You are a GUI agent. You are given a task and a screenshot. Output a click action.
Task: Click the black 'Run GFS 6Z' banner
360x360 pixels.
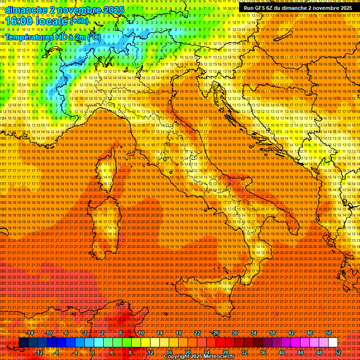298,7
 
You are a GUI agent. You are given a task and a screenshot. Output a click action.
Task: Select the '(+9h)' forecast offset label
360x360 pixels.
79,21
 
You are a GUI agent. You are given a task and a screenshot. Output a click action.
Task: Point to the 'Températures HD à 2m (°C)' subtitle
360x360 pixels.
52,37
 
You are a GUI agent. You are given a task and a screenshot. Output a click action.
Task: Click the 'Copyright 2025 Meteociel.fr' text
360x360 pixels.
199,357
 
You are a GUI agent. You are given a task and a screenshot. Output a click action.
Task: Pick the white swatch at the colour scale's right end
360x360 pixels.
333,342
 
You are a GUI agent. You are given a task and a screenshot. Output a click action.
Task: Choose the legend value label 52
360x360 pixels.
338,352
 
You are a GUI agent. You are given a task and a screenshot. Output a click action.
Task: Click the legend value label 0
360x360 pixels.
93,352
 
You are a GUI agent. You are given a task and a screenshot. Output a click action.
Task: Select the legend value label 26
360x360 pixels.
216,332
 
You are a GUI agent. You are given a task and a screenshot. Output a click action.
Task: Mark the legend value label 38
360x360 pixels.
272,332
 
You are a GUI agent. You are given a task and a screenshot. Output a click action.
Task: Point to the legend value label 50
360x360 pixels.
328,332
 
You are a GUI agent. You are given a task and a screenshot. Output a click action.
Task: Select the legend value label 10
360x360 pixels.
141,332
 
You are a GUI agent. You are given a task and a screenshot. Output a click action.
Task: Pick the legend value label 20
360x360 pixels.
187,352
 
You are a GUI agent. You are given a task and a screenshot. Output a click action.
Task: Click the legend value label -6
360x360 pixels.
67,332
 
